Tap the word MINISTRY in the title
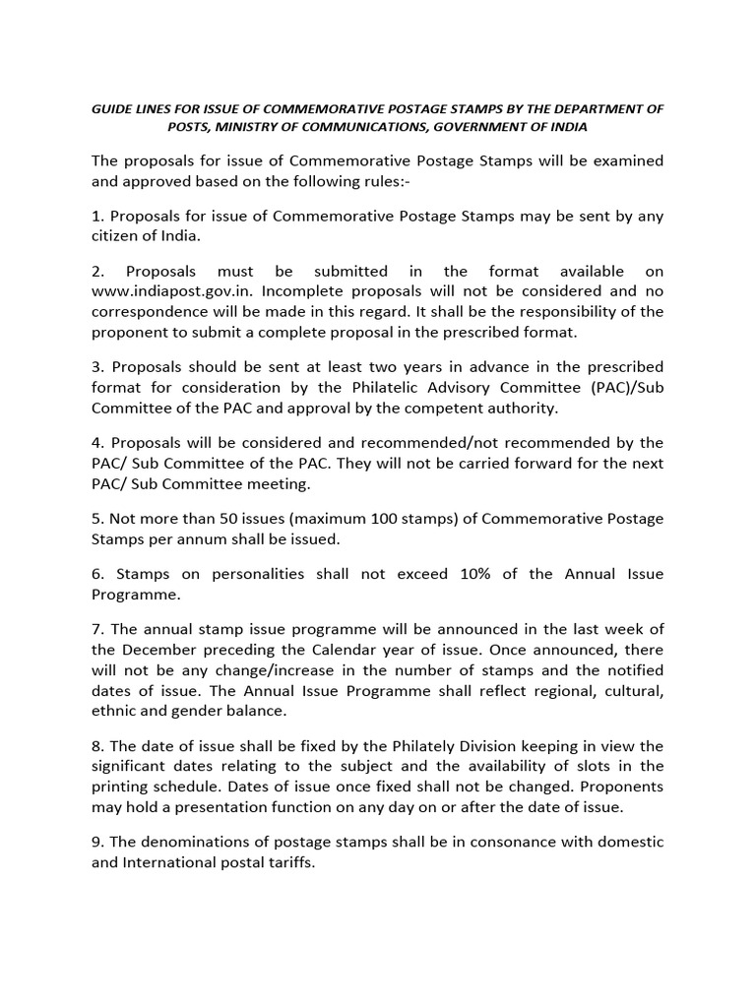[x=269, y=128]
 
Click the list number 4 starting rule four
[x=96, y=443]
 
